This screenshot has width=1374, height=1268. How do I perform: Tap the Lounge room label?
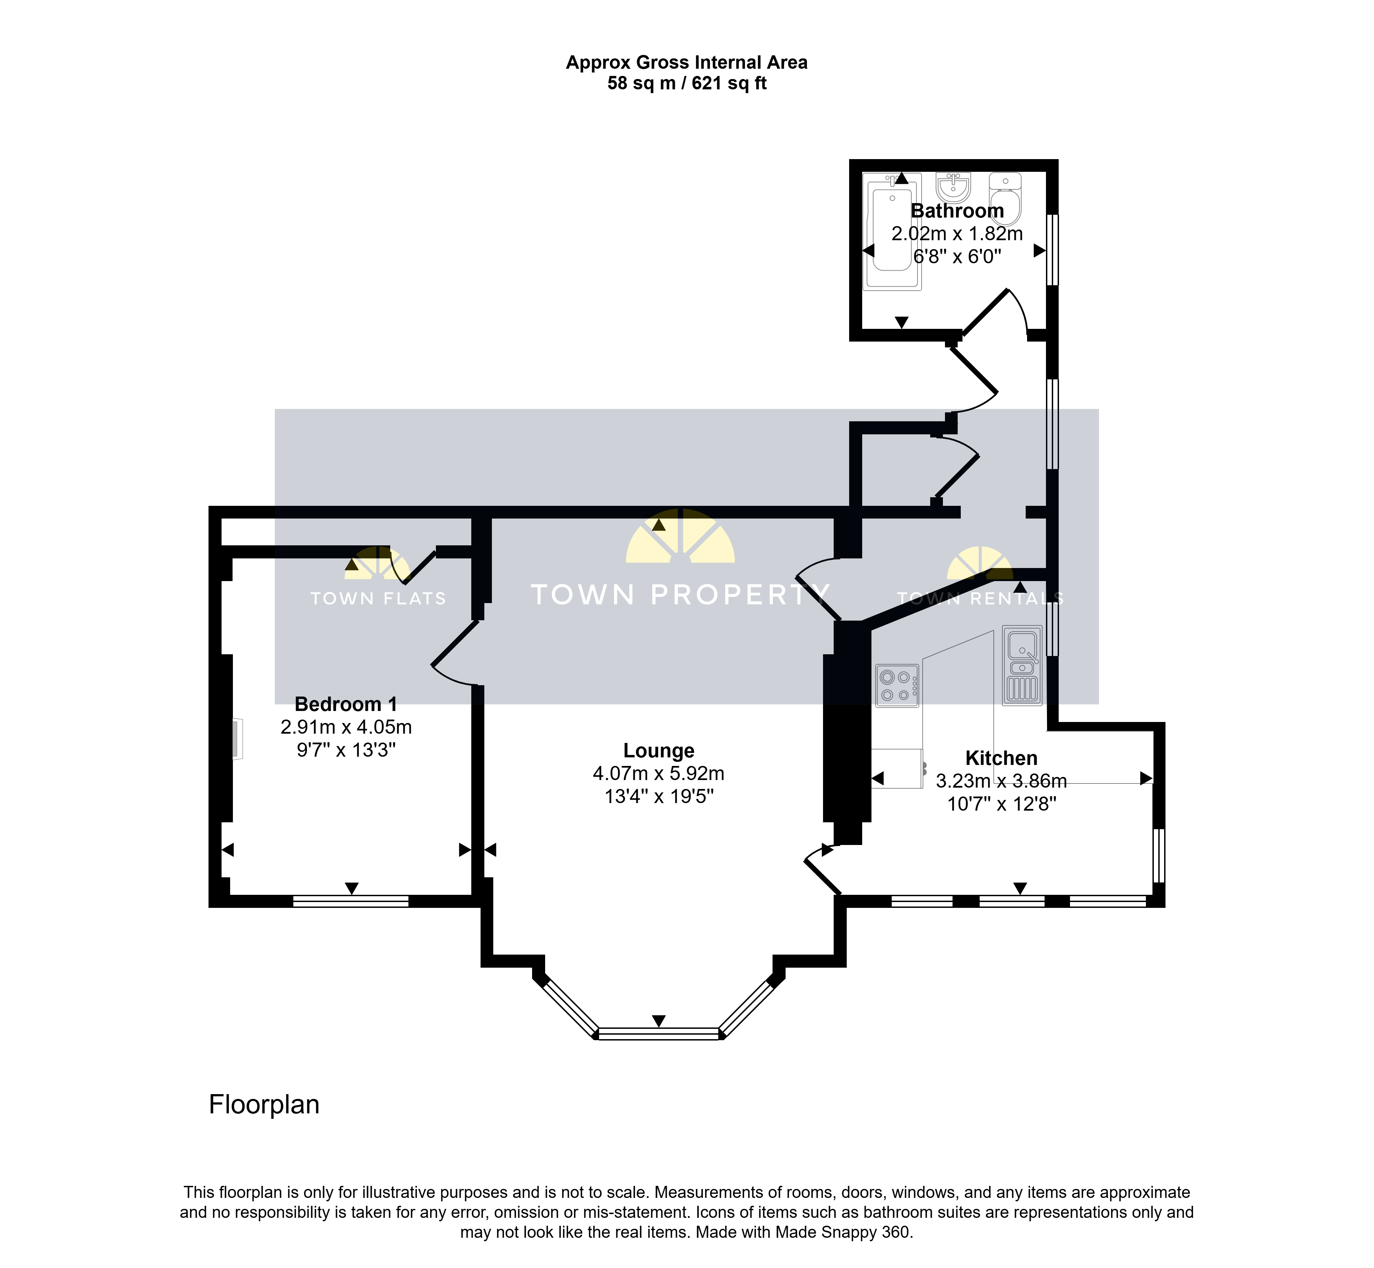[658, 750]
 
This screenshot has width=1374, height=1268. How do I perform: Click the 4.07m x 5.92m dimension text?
[658, 773]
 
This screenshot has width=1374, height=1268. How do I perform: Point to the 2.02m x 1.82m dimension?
[957, 234]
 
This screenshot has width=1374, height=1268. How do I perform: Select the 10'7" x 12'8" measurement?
[1002, 804]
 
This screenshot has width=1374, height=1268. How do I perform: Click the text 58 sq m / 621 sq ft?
[687, 84]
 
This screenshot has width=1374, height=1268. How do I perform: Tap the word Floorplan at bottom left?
[264, 1105]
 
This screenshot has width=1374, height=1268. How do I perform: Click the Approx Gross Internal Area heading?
[687, 63]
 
